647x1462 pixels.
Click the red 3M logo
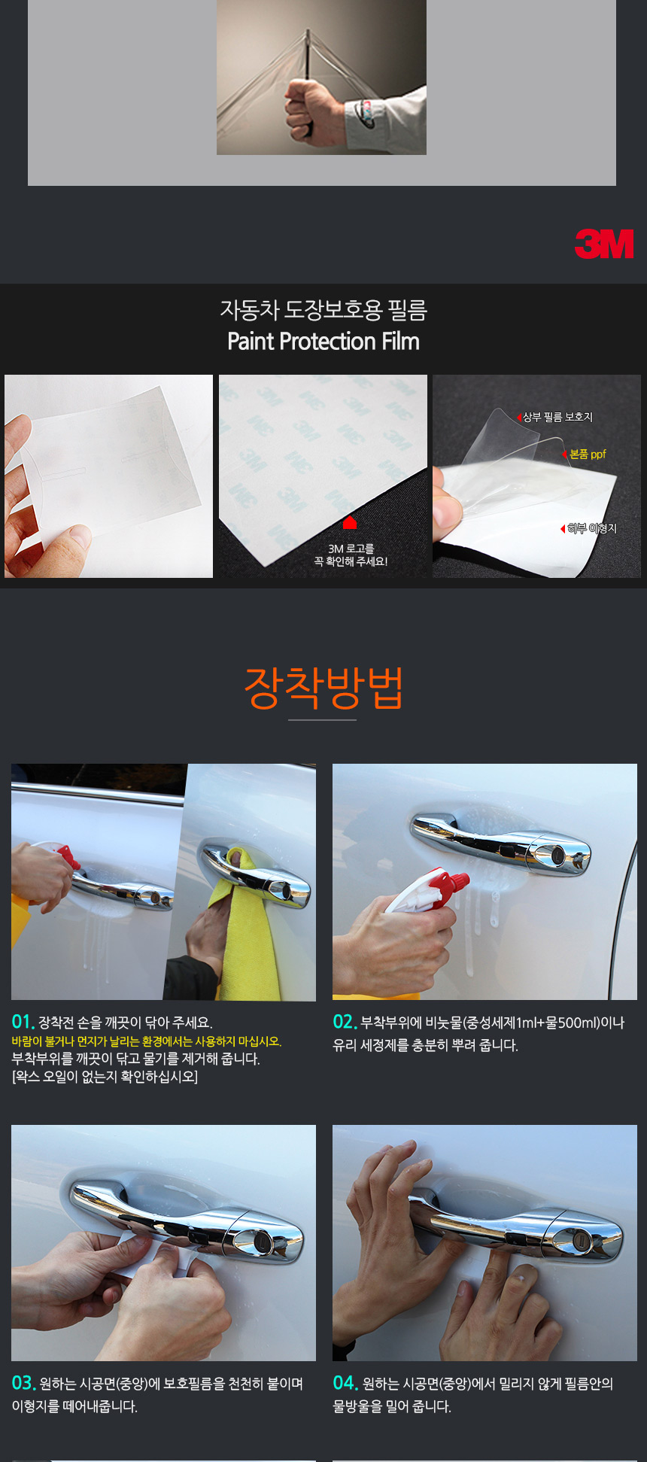pos(604,244)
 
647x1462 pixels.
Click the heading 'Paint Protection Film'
pos(323,342)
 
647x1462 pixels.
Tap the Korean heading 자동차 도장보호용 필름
pos(323,309)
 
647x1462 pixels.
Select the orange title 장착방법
pos(323,688)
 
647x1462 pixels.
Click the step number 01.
pos(23,1022)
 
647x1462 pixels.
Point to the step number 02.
pos(345,1022)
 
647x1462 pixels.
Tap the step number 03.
pos(24,1383)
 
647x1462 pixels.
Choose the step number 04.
pos(345,1383)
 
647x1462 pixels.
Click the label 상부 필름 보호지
pos(557,417)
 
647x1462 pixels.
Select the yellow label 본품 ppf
pos(588,454)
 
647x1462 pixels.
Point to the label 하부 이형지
pos(592,529)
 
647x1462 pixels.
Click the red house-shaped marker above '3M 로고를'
pos(349,522)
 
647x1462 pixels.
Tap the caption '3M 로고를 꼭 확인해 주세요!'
pos(351,555)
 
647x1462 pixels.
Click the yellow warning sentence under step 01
pos(147,1041)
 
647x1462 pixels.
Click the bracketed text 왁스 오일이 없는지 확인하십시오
pos(105,1077)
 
